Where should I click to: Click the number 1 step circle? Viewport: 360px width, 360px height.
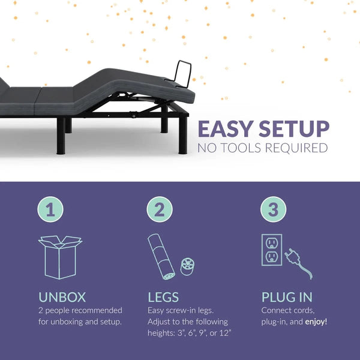pyautogui.click(x=50, y=209)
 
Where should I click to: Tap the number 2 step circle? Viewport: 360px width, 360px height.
pyautogui.click(x=160, y=209)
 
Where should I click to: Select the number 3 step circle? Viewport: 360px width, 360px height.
pyautogui.click(x=273, y=209)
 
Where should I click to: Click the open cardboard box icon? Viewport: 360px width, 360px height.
pyautogui.click(x=60, y=257)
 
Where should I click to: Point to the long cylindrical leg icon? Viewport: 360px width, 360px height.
pyautogui.click(x=161, y=257)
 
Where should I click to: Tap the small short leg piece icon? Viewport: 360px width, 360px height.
pyautogui.click(x=187, y=266)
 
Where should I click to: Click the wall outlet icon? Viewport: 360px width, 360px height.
pyautogui.click(x=272, y=250)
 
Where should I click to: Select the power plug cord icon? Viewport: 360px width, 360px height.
pyautogui.click(x=298, y=263)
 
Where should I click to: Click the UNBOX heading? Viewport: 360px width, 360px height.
pyautogui.click(x=62, y=297)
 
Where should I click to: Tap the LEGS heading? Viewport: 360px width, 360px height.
pyautogui.click(x=163, y=297)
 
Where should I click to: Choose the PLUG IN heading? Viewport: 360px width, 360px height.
pyautogui.click(x=287, y=297)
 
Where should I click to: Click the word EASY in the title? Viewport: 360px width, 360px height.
pyautogui.click(x=226, y=129)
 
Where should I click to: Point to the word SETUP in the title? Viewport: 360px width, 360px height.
pyautogui.click(x=294, y=129)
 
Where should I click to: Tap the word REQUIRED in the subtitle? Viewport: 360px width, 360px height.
pyautogui.click(x=296, y=148)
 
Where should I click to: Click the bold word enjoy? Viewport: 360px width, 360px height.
pyautogui.click(x=316, y=322)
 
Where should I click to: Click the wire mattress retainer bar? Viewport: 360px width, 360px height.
pyautogui.click(x=183, y=74)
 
